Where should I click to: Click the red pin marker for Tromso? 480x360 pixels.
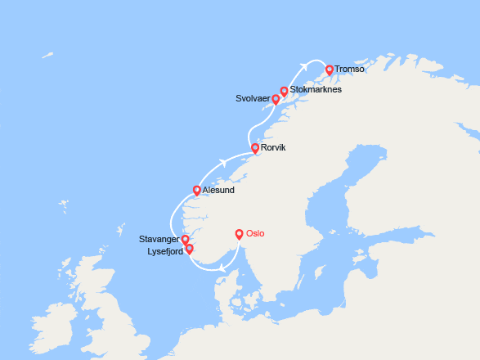click(330, 70)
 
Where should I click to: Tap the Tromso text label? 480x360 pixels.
click(349, 70)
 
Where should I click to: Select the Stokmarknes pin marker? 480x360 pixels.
click(285, 91)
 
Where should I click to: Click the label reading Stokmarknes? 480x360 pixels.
click(316, 89)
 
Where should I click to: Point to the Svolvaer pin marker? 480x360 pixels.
click(276, 99)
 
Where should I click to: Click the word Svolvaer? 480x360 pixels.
click(253, 100)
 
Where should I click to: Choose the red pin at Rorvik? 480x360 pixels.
click(255, 148)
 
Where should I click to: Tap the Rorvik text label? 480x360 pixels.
click(276, 148)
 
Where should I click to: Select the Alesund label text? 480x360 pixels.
click(218, 191)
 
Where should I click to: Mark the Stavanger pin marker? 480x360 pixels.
click(186, 240)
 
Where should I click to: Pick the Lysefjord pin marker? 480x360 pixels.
click(189, 249)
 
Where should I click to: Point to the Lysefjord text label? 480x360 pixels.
click(164, 252)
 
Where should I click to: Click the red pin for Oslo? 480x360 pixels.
click(240, 233)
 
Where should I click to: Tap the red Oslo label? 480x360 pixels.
click(256, 234)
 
